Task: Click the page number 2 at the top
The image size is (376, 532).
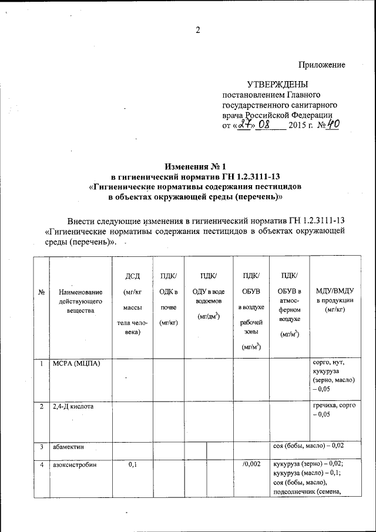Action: coord(198,31)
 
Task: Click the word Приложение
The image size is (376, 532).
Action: coord(321,65)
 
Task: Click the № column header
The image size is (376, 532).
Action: coord(42,292)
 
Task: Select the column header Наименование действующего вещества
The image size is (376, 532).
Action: coord(80,300)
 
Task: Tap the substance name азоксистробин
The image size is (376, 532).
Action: coord(75,465)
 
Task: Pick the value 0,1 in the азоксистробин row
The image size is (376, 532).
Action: coord(132,465)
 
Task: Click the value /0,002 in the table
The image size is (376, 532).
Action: coord(251,465)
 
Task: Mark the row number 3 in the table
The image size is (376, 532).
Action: coord(42,448)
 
